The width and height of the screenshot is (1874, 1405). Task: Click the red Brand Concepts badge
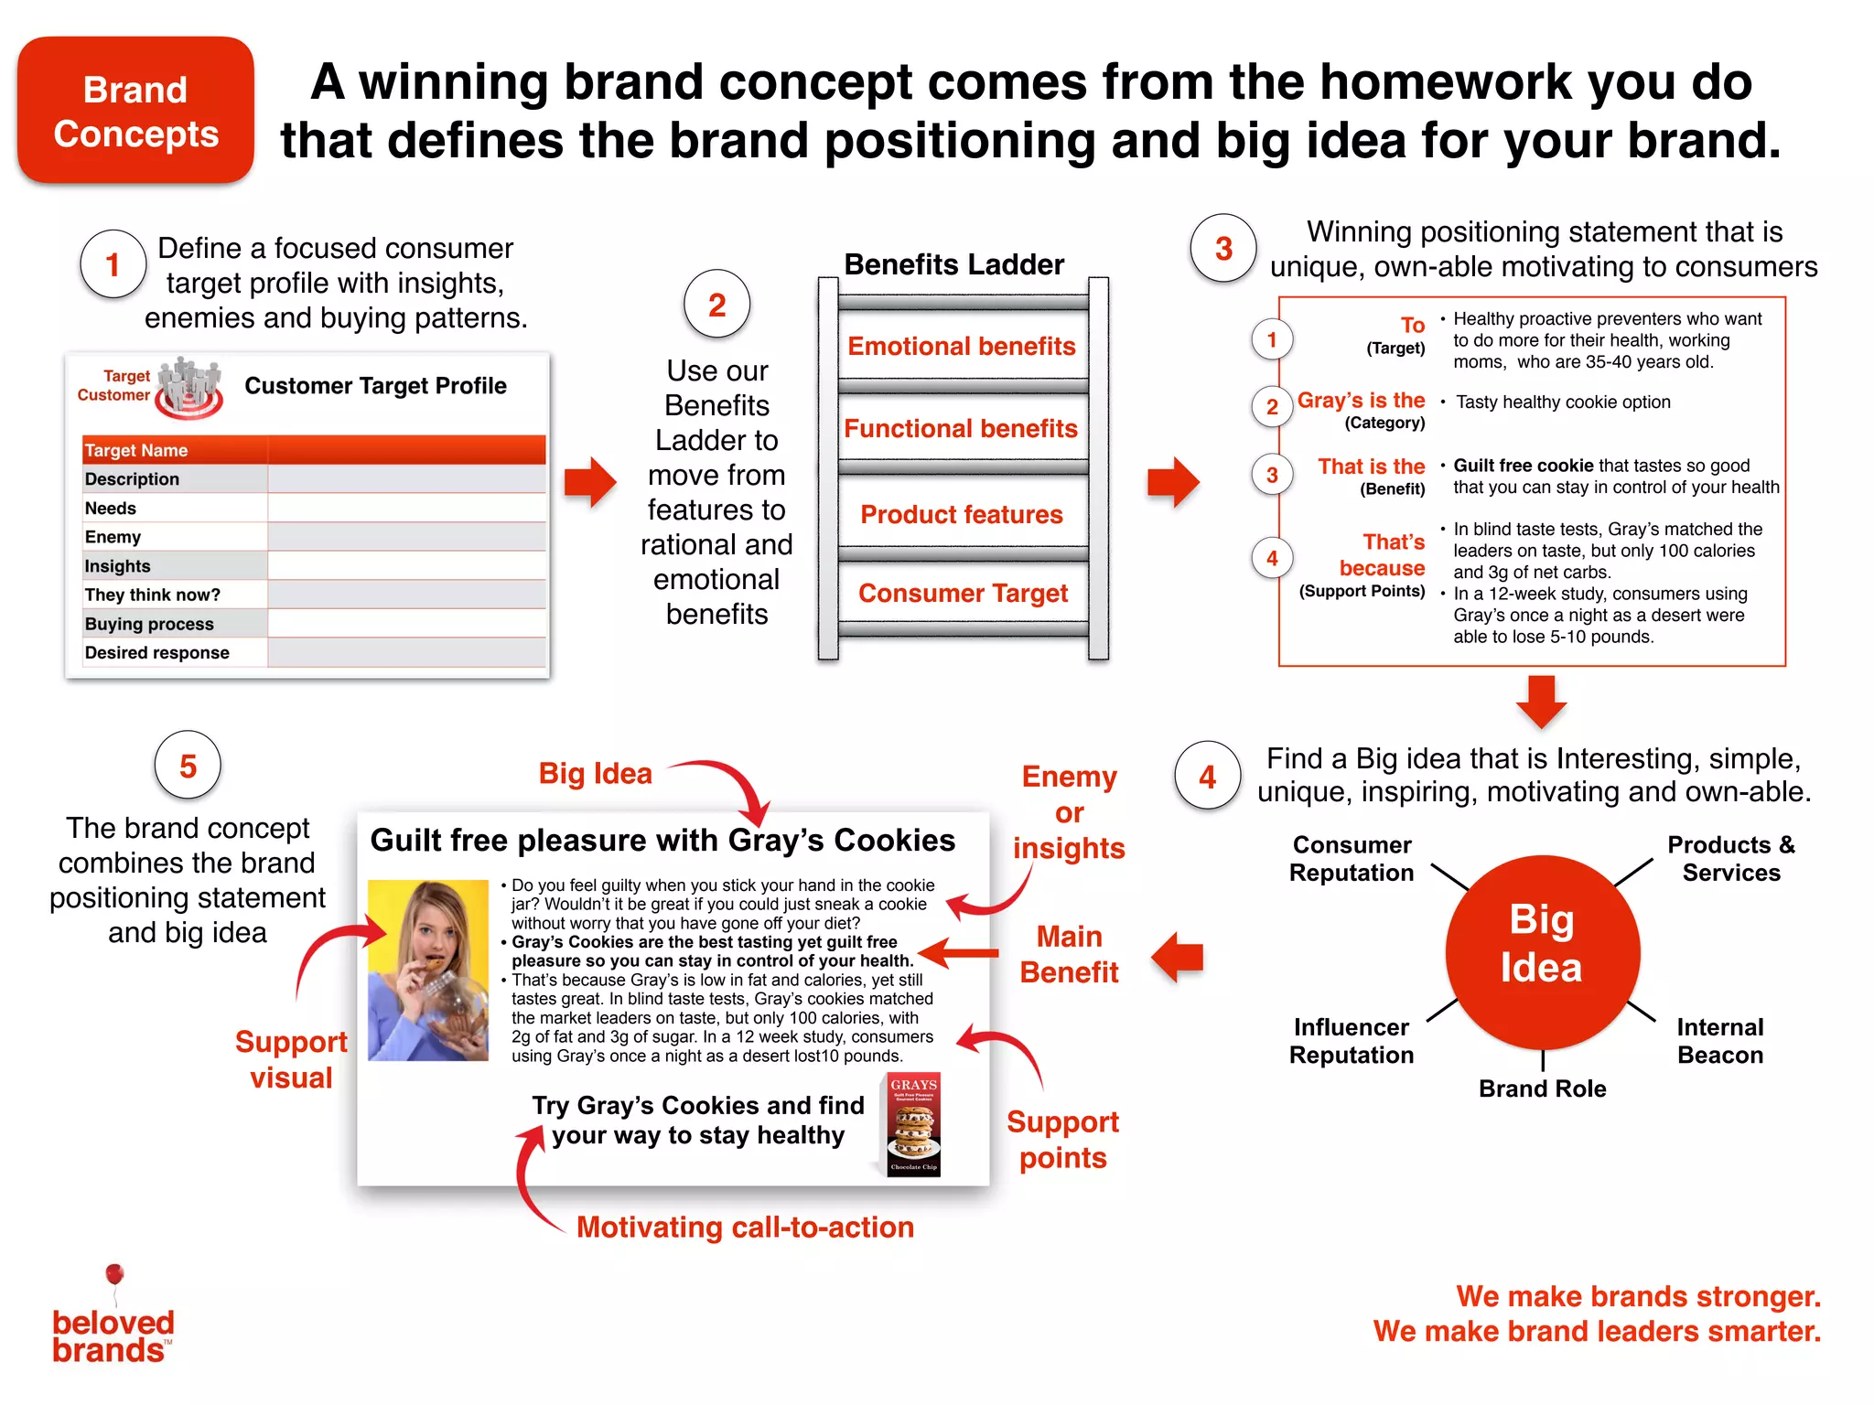(x=135, y=111)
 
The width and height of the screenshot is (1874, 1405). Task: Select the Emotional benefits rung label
(x=961, y=346)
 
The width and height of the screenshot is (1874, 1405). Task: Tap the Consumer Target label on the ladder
(x=963, y=593)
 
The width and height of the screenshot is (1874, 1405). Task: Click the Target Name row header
(x=137, y=450)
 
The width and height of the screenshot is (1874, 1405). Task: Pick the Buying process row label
(x=149, y=624)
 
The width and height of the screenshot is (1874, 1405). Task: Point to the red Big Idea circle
(x=1542, y=951)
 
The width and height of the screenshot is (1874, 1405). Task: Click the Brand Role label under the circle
(x=1542, y=1089)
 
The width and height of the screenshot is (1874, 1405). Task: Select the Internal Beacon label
(x=1719, y=1041)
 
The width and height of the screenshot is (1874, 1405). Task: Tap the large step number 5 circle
(x=188, y=766)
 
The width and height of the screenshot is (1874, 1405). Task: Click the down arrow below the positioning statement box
(x=1541, y=701)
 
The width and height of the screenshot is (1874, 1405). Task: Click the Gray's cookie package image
(x=913, y=1125)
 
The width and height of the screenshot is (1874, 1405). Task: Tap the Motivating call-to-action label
(x=745, y=1227)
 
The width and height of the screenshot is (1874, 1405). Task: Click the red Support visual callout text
(x=291, y=1059)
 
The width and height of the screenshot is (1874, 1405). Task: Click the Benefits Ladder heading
(x=953, y=264)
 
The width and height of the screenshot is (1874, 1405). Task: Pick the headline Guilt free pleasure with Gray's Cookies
(x=662, y=840)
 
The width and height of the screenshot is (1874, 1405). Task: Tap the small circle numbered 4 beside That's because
(x=1271, y=558)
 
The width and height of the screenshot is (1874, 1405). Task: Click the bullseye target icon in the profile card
(x=188, y=390)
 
